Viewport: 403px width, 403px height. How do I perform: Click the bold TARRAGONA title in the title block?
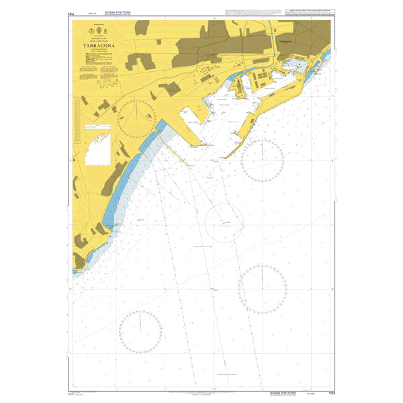click(98, 46)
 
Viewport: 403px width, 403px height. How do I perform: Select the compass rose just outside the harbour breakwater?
click(262, 160)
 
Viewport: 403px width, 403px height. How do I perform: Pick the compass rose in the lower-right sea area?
click(263, 288)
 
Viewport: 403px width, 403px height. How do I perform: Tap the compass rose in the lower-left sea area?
click(140, 332)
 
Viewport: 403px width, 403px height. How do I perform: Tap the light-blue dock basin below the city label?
click(294, 65)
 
